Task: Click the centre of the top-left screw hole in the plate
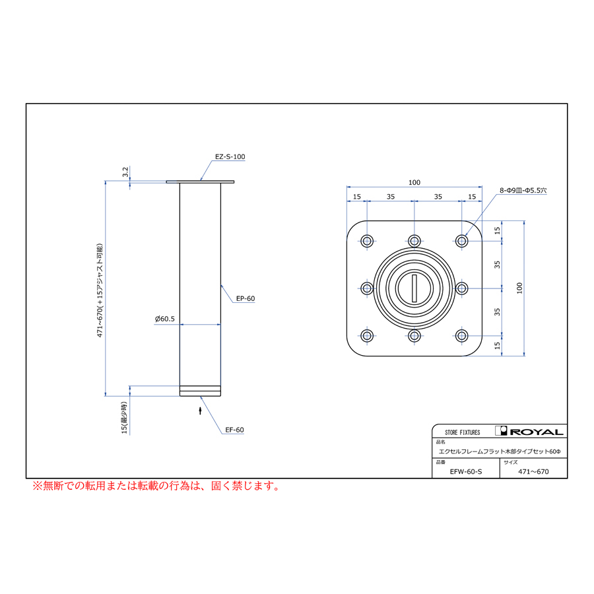[367, 241]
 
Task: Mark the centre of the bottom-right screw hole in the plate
[461, 336]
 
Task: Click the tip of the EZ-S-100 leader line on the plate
[201, 181]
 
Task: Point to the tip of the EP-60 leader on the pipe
[221, 285]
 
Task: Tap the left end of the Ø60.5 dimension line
[180, 324]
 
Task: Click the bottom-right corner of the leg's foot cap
[220, 396]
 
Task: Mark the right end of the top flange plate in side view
[234, 182]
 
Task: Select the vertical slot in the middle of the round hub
[414, 288]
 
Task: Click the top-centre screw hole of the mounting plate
[414, 241]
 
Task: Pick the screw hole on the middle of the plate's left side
[367, 288]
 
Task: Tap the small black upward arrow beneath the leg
[201, 411]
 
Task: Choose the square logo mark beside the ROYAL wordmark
[501, 431]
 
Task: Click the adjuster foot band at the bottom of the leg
[200, 391]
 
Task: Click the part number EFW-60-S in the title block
[466, 472]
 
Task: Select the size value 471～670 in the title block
[533, 472]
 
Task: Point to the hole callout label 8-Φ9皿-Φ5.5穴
[523, 191]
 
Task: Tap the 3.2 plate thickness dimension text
[125, 172]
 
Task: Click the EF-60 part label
[234, 430]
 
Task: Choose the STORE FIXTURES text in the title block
[462, 432]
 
